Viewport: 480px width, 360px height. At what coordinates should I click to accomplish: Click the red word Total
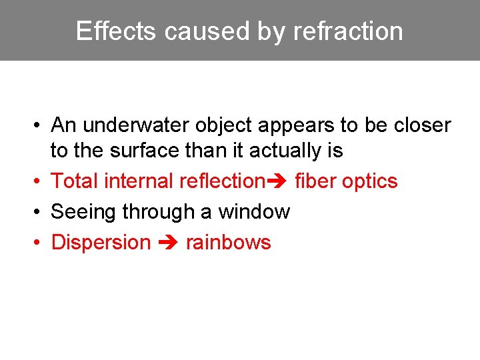tap(70, 181)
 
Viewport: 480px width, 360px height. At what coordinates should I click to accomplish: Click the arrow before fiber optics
tap(277, 181)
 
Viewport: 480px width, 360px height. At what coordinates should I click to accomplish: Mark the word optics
tap(369, 181)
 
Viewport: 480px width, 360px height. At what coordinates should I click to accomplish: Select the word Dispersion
tap(101, 242)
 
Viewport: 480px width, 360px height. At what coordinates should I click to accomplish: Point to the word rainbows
tap(228, 242)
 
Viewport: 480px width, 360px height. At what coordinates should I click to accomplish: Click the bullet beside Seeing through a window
tap(41, 213)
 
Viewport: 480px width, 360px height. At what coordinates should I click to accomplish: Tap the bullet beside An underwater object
tap(41, 126)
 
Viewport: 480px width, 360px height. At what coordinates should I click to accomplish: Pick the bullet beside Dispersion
tap(41, 243)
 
